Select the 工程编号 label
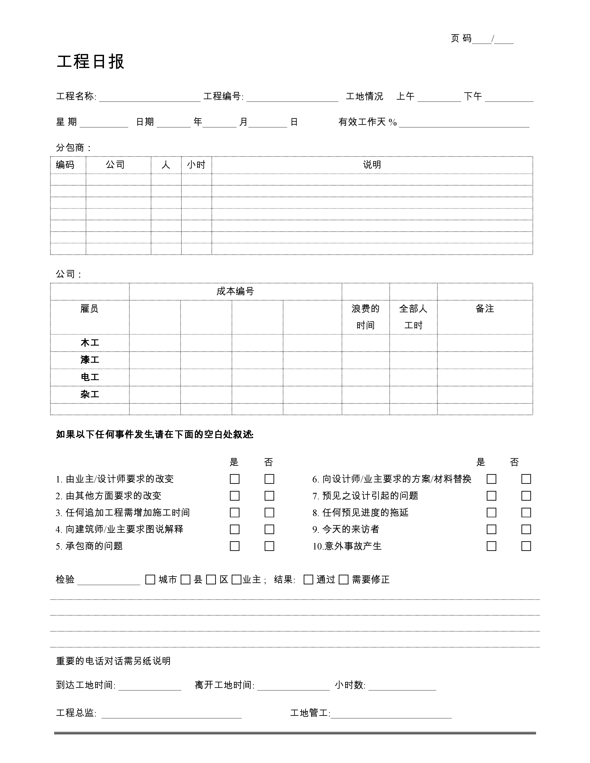223,96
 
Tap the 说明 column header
372,165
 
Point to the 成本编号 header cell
235,291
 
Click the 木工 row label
90,343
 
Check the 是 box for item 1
235,479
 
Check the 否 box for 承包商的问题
269,546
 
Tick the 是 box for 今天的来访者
491,529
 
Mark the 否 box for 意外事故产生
526,546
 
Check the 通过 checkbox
308,580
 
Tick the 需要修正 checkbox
344,580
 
